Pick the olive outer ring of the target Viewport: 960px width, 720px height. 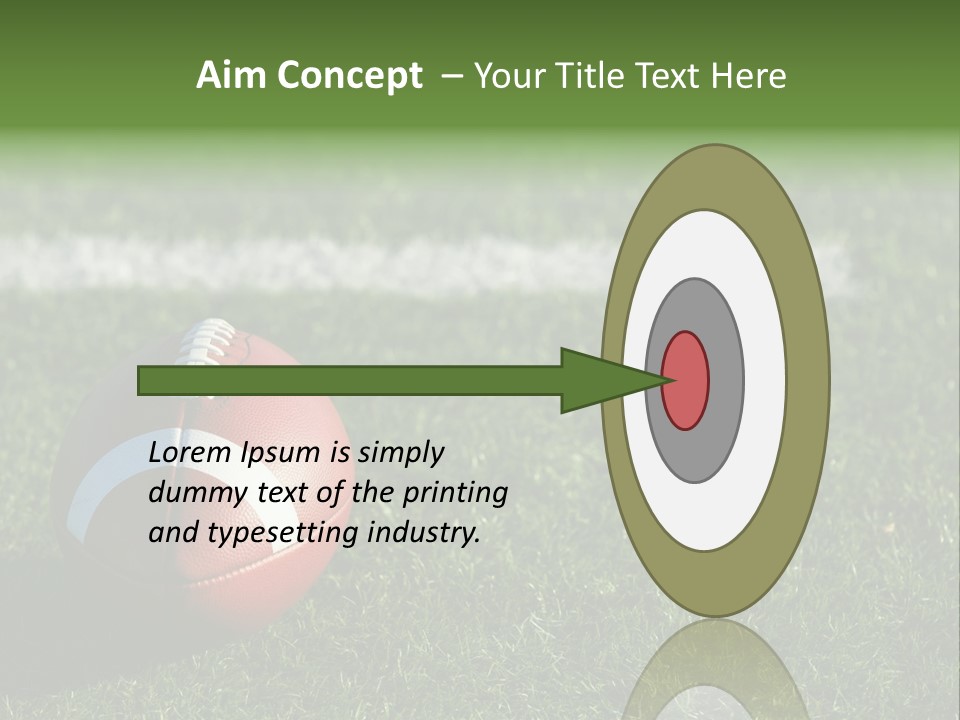[x=808, y=380]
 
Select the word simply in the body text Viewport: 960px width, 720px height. [x=400, y=453]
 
